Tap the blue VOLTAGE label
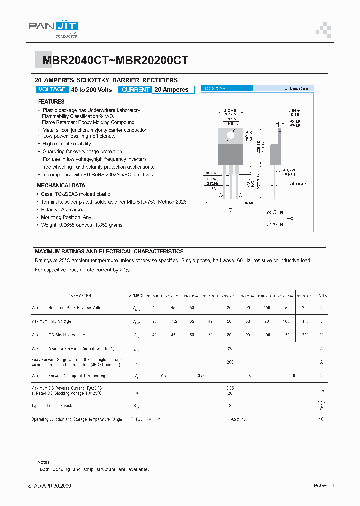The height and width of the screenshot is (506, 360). click(x=51, y=89)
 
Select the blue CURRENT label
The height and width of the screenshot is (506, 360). click(x=135, y=90)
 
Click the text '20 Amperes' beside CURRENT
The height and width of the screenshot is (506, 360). click(x=172, y=90)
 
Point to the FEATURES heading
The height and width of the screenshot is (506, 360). click(x=51, y=101)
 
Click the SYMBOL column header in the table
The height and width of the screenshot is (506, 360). click(x=137, y=296)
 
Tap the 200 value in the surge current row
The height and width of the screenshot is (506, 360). click(x=230, y=362)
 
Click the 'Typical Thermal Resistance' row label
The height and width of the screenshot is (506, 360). click(x=56, y=406)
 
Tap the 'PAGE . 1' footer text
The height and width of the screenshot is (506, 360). click(x=324, y=485)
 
